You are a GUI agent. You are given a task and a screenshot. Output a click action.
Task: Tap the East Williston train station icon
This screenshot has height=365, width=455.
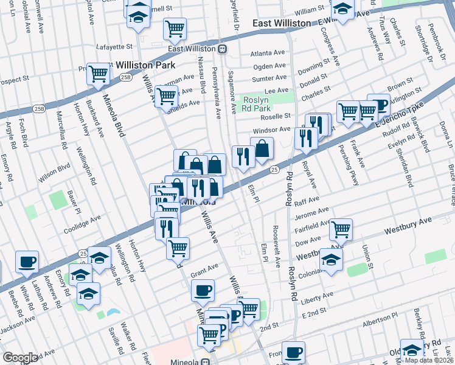tap(223, 49)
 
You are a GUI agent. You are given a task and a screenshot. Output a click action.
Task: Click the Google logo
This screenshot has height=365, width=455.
tap(20, 358)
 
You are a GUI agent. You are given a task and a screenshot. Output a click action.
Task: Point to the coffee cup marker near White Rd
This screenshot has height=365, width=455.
tap(27, 262)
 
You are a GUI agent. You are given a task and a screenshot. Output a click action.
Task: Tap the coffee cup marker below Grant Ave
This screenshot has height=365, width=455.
tap(203, 289)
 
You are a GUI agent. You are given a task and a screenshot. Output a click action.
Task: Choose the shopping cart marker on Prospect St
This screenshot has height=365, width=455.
tap(97, 74)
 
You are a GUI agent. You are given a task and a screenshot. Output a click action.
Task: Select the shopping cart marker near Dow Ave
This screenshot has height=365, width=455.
tap(341, 229)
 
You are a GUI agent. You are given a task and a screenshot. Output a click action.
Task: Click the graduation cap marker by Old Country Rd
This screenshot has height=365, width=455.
tap(412, 349)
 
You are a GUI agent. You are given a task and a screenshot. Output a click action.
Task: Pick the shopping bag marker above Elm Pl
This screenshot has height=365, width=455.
tap(262, 148)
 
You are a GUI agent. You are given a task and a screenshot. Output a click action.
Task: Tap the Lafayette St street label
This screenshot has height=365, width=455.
tap(115, 46)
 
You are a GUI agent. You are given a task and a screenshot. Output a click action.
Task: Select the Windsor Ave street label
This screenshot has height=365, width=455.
tap(272, 130)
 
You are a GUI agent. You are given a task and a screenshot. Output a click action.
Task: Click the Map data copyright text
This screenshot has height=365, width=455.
tap(429, 360)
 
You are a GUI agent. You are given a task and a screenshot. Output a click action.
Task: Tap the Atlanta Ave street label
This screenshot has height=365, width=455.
tap(268, 53)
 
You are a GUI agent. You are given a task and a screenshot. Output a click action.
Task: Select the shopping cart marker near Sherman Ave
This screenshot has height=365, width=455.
tap(165, 96)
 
